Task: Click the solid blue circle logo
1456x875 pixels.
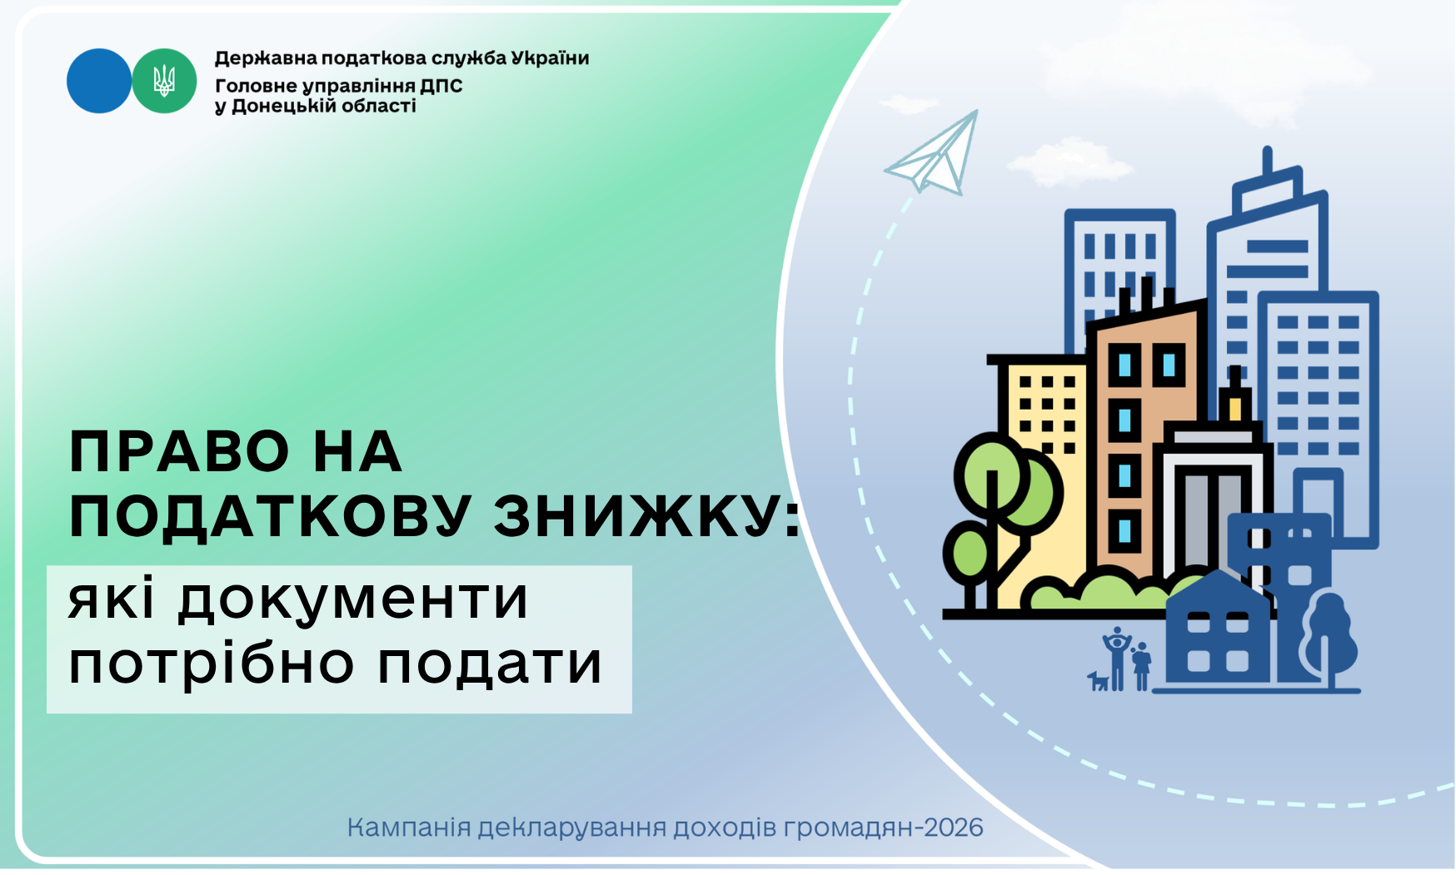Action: click(99, 81)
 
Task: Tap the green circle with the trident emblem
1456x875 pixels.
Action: click(164, 81)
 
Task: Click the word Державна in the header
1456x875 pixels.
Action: click(265, 58)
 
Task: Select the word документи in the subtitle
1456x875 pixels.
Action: click(354, 599)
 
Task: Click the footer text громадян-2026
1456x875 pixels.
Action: click(895, 828)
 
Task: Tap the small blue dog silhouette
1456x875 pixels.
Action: click(1099, 680)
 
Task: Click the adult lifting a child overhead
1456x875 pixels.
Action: click(1117, 659)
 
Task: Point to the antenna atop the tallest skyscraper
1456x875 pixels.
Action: click(1267, 162)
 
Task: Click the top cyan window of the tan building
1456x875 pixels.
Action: click(1125, 365)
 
